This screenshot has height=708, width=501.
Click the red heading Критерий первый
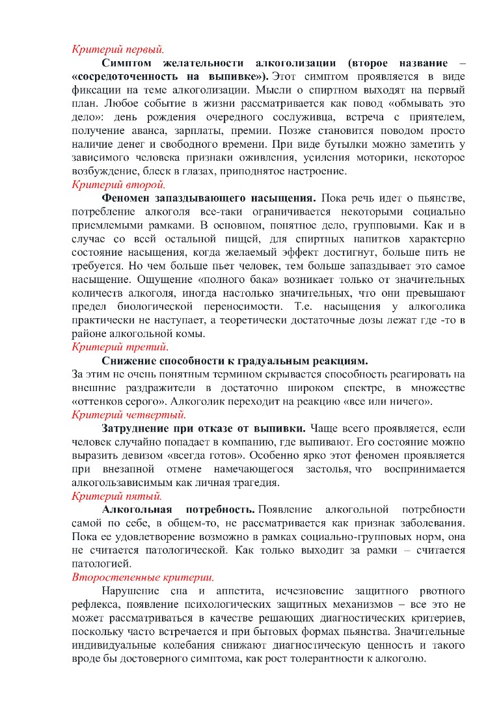point(118,48)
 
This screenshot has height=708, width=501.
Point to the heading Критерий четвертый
point(129,415)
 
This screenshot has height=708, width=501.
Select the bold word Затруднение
point(139,428)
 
